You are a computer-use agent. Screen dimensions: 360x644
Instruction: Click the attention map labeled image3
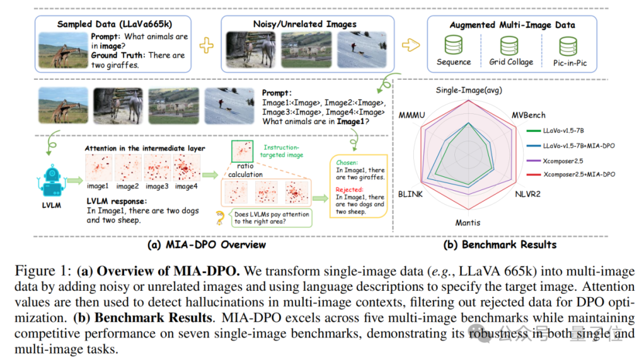(157, 167)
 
